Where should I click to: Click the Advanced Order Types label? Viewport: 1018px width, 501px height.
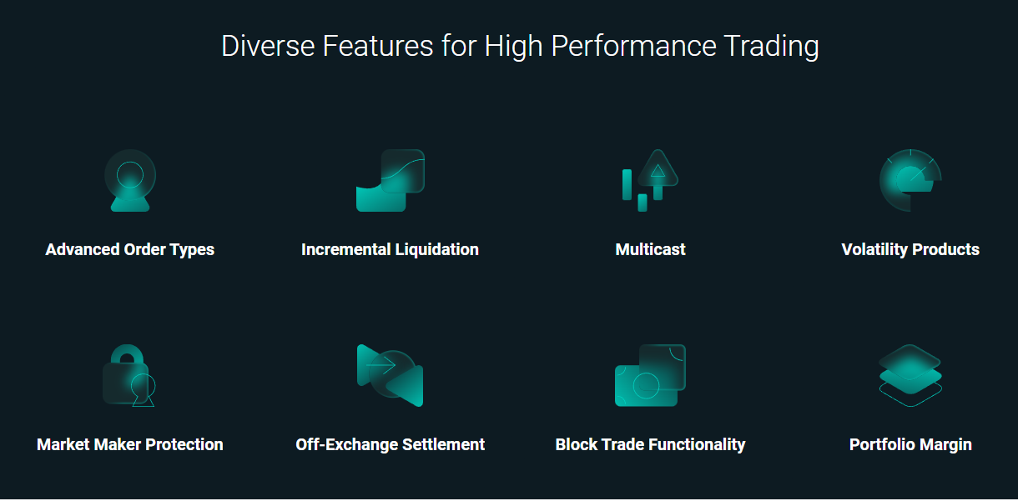130,250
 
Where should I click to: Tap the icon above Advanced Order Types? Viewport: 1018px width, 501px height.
130,180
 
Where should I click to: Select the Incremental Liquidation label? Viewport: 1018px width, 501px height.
390,250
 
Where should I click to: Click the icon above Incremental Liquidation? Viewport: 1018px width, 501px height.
391,180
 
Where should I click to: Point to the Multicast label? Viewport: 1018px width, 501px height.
650,249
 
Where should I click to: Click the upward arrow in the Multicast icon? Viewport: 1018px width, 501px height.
658,174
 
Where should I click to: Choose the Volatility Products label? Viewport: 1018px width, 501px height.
910,250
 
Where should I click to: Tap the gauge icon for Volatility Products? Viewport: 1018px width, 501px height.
910,180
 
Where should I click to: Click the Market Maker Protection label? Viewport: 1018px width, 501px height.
130,444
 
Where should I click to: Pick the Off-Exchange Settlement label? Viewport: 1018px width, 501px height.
390,444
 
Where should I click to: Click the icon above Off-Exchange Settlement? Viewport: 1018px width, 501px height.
391,376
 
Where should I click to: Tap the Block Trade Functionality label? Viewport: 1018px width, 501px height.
650,444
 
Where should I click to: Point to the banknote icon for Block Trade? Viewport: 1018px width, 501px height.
650,376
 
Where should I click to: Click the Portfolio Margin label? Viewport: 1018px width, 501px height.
910,444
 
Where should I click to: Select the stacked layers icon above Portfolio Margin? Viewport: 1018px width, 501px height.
910,376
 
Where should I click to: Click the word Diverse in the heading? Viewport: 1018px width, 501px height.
268,46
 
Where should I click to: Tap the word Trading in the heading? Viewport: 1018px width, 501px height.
772,47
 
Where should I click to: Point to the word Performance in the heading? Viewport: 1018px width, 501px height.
634,46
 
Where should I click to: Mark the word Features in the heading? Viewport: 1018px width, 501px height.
378,46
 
